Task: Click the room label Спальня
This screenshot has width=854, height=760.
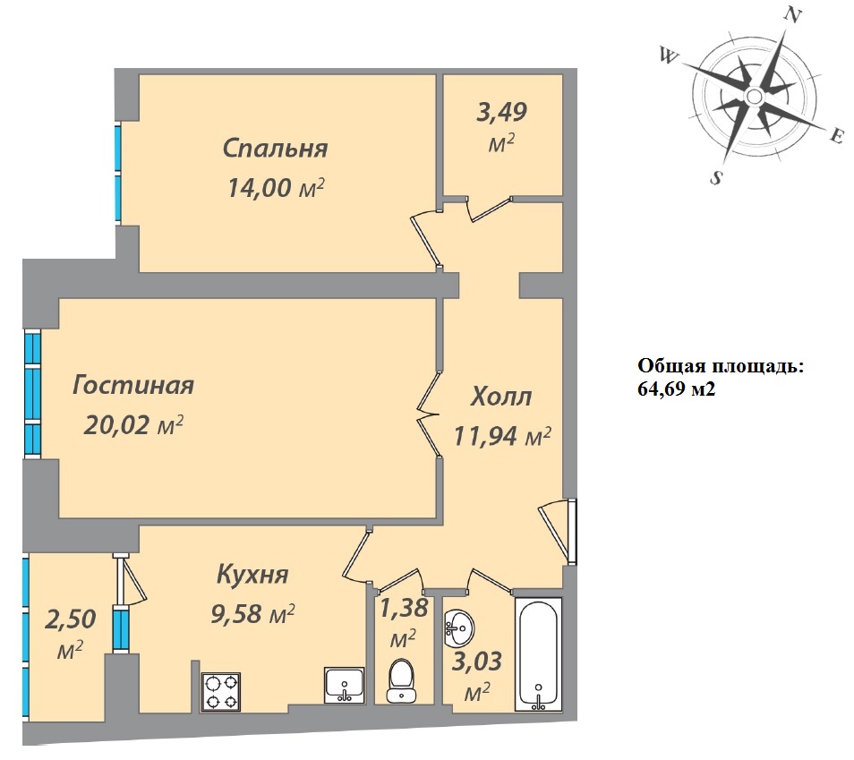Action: (275, 149)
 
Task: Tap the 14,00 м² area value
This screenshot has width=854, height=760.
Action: (276, 188)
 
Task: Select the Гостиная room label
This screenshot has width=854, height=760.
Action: (133, 385)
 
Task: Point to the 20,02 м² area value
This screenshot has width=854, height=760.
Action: (132, 424)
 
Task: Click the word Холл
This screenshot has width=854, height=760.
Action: (501, 396)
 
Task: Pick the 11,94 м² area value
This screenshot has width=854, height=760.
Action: (501, 436)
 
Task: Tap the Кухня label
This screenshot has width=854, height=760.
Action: (252, 574)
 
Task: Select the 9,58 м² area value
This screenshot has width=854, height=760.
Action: (252, 614)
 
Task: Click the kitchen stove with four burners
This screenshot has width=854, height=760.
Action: (221, 691)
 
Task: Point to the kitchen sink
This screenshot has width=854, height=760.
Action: (344, 684)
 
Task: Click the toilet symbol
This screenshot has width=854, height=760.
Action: (402, 681)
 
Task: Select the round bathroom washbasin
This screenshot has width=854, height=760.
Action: (458, 628)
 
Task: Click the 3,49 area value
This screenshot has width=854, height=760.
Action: (501, 112)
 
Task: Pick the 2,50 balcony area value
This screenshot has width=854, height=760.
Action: (70, 619)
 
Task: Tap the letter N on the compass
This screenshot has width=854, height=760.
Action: (792, 16)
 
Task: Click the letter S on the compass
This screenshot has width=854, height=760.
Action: (717, 177)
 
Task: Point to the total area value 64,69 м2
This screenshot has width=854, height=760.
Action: (677, 389)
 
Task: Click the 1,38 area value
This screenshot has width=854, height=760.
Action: (404, 608)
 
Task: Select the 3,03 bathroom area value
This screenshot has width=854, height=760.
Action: (477, 661)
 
